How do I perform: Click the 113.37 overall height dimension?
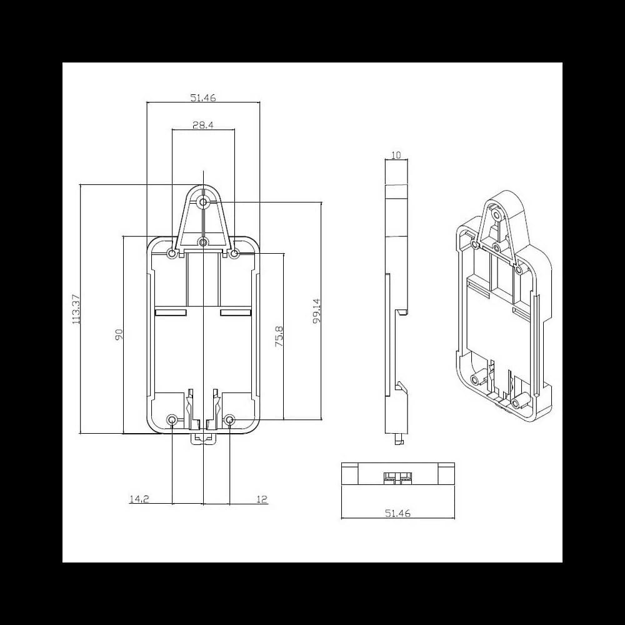pyautogui.click(x=77, y=309)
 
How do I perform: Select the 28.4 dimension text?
pyautogui.click(x=203, y=125)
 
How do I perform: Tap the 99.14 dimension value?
pyautogui.click(x=316, y=310)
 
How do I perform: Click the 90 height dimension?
pyautogui.click(x=119, y=334)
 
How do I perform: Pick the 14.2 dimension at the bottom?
pyautogui.click(x=138, y=499)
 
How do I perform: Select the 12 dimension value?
pyautogui.click(x=261, y=499)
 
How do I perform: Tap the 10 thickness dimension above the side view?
pyautogui.click(x=395, y=154)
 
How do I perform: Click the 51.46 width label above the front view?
pyautogui.click(x=202, y=97)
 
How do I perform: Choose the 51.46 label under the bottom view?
pyautogui.click(x=397, y=513)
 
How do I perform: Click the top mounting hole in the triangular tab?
pyautogui.click(x=203, y=202)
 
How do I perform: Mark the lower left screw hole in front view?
pyautogui.click(x=172, y=419)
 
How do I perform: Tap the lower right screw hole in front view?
pyautogui.click(x=229, y=419)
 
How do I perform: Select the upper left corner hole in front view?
pyautogui.click(x=172, y=254)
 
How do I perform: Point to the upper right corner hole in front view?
pyautogui.click(x=234, y=254)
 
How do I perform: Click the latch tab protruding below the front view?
pyautogui.click(x=202, y=439)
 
